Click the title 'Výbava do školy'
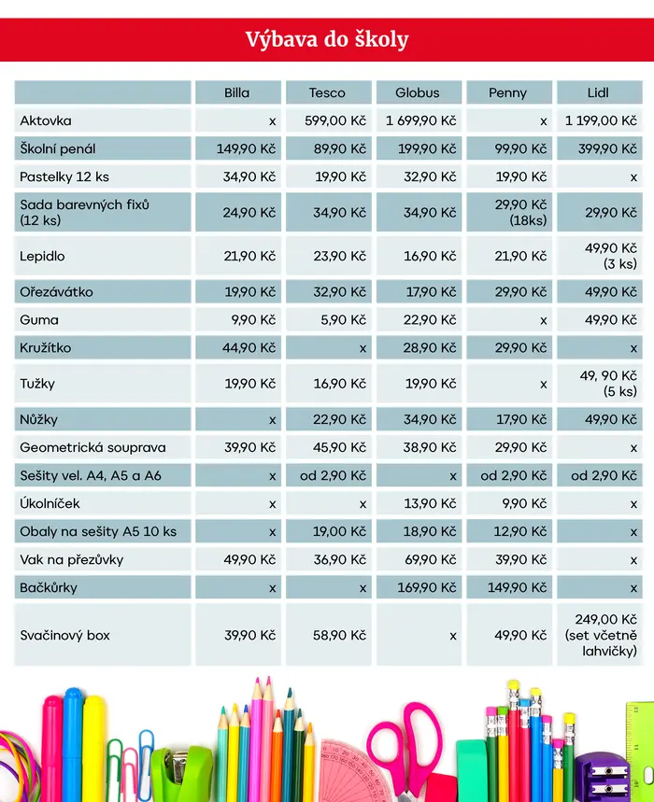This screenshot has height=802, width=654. [x=327, y=40]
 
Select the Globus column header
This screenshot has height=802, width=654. [x=417, y=92]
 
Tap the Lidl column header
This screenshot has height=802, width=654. [x=598, y=92]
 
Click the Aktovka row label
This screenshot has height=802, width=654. [x=46, y=120]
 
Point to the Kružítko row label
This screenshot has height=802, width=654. [x=46, y=348]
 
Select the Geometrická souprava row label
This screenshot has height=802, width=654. [x=92, y=447]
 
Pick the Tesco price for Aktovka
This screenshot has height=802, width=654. [x=335, y=120]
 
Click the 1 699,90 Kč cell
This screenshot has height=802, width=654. [x=420, y=120]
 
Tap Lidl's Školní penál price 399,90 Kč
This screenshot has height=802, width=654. [x=607, y=148]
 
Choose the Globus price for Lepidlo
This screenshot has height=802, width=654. [x=430, y=256]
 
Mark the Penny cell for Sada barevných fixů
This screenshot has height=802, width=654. [x=520, y=212]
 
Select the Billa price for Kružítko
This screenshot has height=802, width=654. [x=249, y=348]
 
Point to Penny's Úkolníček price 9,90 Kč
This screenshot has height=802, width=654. [x=524, y=504]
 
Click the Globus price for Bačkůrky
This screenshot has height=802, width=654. [x=427, y=587]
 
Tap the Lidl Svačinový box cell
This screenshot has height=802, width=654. [x=601, y=635]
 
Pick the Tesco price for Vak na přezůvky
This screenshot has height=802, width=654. [x=340, y=559]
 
